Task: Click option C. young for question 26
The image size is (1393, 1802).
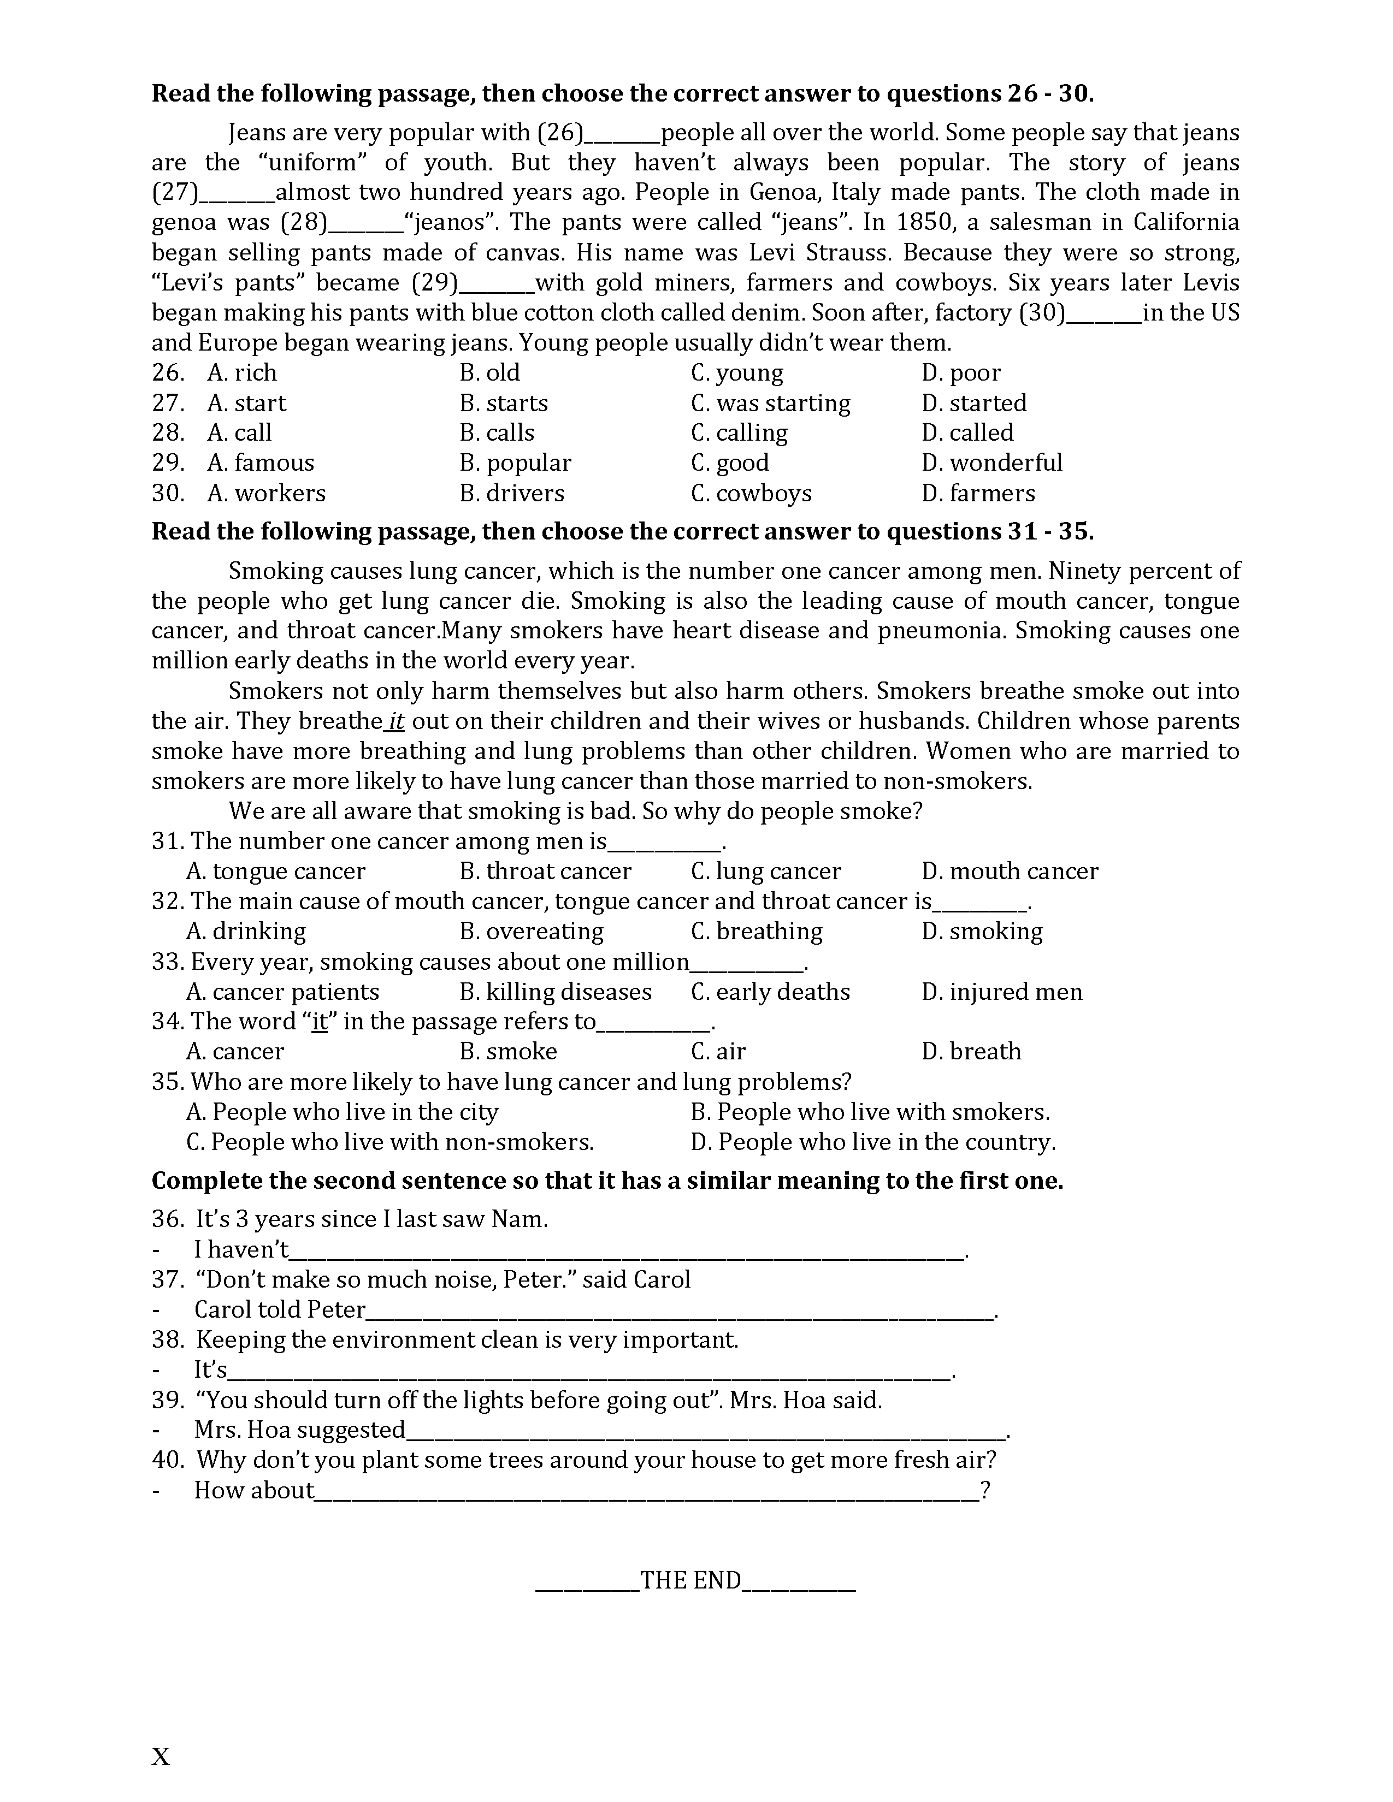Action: (x=737, y=373)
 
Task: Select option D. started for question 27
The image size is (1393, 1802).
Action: (x=974, y=404)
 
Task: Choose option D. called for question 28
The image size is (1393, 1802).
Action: (x=967, y=433)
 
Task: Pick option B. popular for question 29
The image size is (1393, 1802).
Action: (x=515, y=463)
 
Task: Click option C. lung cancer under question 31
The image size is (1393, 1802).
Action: (x=766, y=872)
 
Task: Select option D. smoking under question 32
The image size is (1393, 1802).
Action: (x=982, y=932)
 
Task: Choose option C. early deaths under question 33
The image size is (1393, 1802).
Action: (x=770, y=992)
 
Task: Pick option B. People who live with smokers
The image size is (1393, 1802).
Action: (x=870, y=1112)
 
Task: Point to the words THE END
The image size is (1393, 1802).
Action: (x=690, y=1581)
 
